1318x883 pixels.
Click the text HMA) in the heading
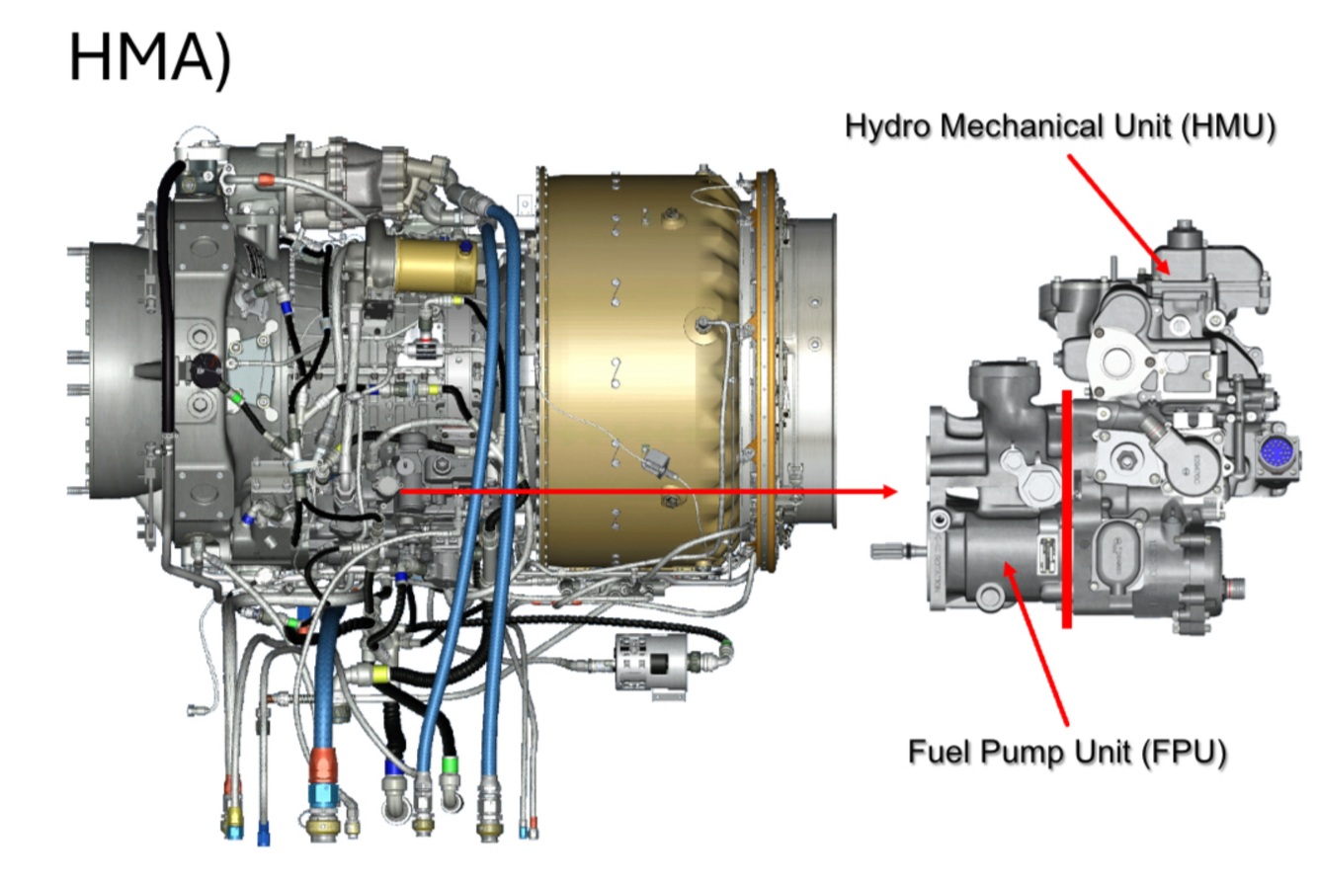150,60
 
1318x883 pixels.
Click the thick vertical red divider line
1067,510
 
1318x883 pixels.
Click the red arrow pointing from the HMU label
1118,214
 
